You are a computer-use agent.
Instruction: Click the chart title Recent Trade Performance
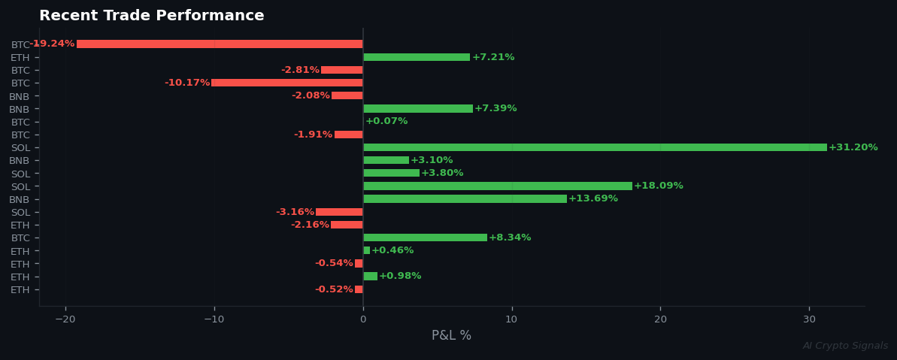151,16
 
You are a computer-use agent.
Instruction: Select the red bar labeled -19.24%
220,44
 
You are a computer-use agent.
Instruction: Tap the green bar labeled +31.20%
595,147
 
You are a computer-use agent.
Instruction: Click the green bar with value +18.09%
498,186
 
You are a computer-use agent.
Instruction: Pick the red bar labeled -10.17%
286,83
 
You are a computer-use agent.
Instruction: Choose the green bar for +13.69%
465,198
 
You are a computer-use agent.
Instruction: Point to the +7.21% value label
493,57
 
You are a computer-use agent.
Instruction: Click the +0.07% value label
386,121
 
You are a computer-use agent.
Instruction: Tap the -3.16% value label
295,212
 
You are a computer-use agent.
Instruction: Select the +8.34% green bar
425,237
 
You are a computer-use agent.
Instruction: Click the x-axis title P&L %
451,335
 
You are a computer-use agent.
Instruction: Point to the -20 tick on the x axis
65,319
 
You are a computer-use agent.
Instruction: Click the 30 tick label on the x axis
809,319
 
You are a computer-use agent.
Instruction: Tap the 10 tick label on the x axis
511,319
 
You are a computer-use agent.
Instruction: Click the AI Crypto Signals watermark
845,346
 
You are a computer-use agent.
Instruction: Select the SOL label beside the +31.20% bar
20,148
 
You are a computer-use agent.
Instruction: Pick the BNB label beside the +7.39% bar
19,110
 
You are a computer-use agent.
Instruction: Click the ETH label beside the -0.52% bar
20,290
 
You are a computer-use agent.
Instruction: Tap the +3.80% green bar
391,173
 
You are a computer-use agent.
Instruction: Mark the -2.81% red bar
341,70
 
